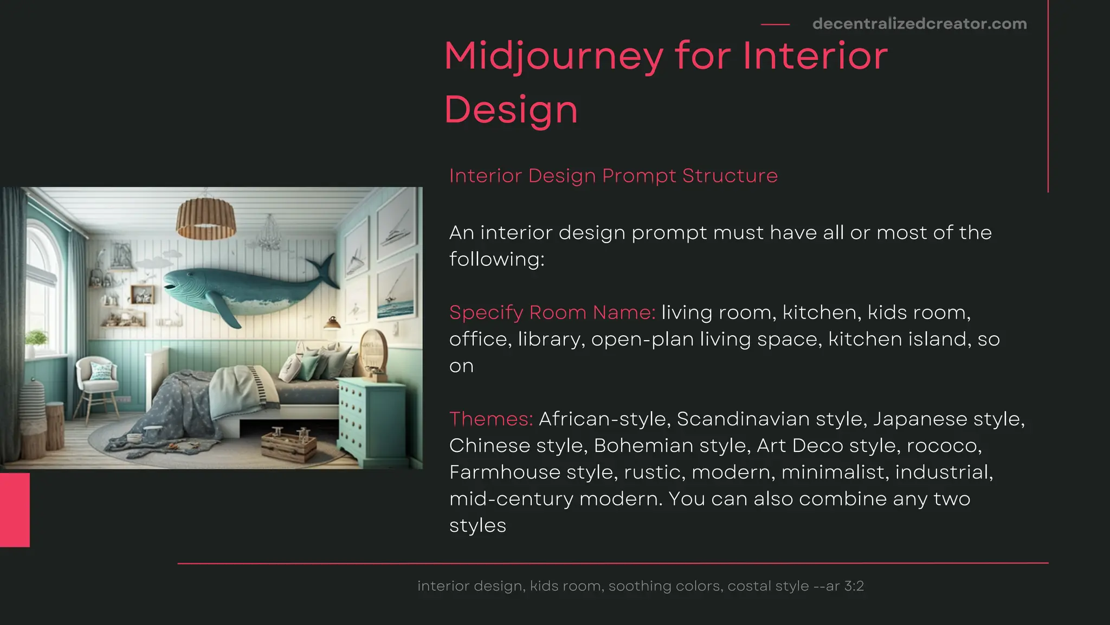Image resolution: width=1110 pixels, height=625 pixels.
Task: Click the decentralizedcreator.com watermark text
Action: click(x=919, y=24)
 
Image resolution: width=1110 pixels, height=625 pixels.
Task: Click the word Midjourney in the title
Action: click(x=553, y=56)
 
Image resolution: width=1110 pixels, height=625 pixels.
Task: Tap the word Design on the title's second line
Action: click(x=511, y=110)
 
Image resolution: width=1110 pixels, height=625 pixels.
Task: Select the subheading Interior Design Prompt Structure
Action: click(x=613, y=176)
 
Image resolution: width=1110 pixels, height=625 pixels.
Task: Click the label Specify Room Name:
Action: click(x=552, y=312)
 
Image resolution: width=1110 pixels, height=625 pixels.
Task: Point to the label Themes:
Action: click(x=491, y=419)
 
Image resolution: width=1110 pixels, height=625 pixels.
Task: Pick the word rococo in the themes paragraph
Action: click(x=943, y=445)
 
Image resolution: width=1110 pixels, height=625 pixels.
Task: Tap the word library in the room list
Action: click(x=551, y=340)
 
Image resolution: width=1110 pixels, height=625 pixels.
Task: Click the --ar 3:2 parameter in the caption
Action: click(x=838, y=586)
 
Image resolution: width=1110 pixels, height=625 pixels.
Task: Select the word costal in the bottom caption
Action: click(x=748, y=586)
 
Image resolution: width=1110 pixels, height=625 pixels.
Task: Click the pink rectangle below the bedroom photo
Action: click(x=15, y=509)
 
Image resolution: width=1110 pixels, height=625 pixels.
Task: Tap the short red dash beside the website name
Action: click(x=775, y=24)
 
